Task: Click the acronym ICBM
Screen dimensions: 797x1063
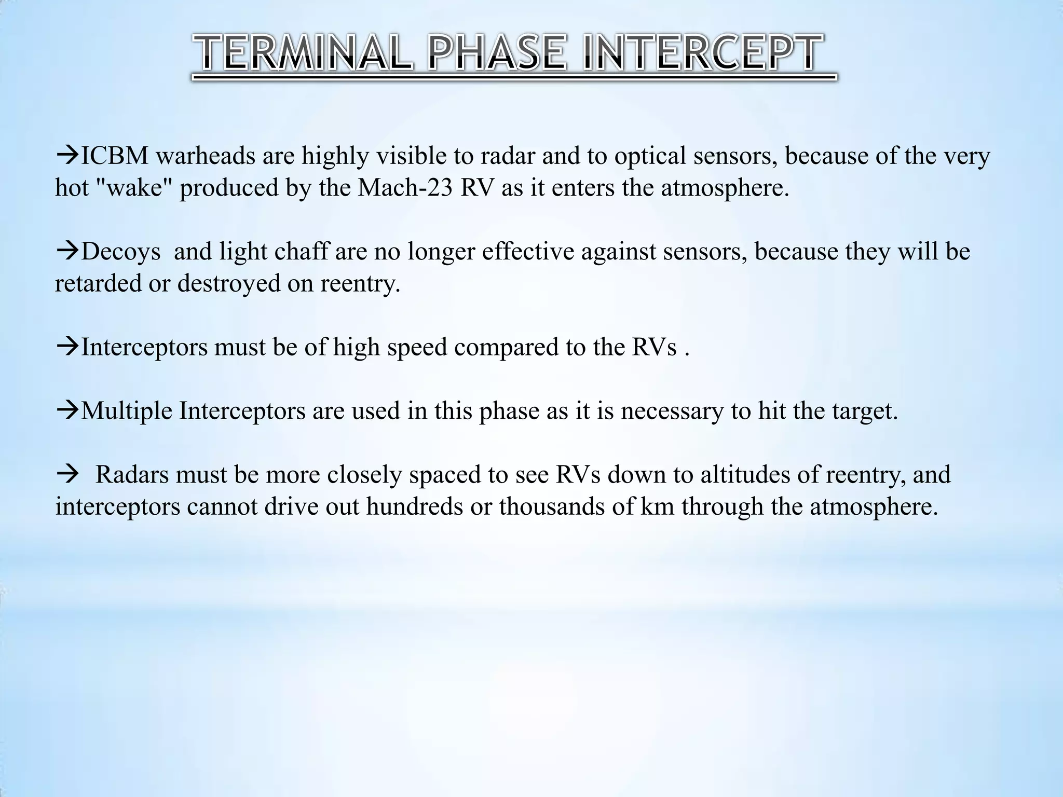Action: tap(115, 156)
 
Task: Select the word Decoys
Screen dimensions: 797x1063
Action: tap(121, 252)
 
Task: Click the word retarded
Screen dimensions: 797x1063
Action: tap(98, 283)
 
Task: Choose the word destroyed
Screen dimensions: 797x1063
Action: tap(228, 283)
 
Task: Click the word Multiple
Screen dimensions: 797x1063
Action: tap(127, 411)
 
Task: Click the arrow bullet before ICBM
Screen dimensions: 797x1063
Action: tap(67, 156)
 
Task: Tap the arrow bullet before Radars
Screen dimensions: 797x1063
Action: tap(67, 475)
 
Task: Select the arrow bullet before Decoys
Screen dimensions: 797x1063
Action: tap(67, 252)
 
